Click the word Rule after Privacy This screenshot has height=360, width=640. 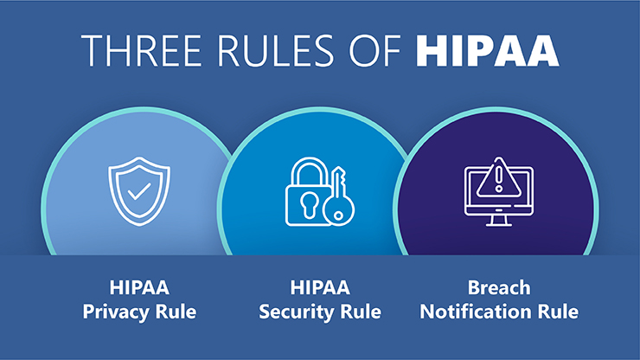tap(176, 312)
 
